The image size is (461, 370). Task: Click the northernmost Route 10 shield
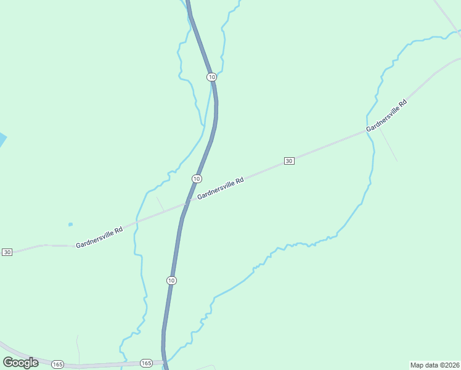tap(211, 77)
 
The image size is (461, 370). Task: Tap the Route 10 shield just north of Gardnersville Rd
tap(196, 179)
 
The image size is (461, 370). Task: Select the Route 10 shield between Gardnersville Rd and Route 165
tap(171, 281)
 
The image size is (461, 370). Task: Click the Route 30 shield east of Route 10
tap(289, 161)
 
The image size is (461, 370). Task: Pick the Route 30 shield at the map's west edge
tap(7, 252)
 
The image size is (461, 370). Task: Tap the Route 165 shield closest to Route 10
tap(146, 363)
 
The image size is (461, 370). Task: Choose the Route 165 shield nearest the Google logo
tap(57, 364)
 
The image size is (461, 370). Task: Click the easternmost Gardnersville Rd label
tap(386, 116)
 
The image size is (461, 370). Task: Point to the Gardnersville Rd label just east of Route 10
tap(221, 189)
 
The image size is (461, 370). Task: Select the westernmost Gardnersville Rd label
tap(99, 237)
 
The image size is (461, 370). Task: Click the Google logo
tap(20, 363)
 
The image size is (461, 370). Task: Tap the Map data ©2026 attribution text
tap(434, 364)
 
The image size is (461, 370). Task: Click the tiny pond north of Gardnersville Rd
tap(70, 224)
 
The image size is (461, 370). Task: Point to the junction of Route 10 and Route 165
tap(164, 361)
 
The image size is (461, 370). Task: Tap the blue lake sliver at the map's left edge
tap(2, 140)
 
